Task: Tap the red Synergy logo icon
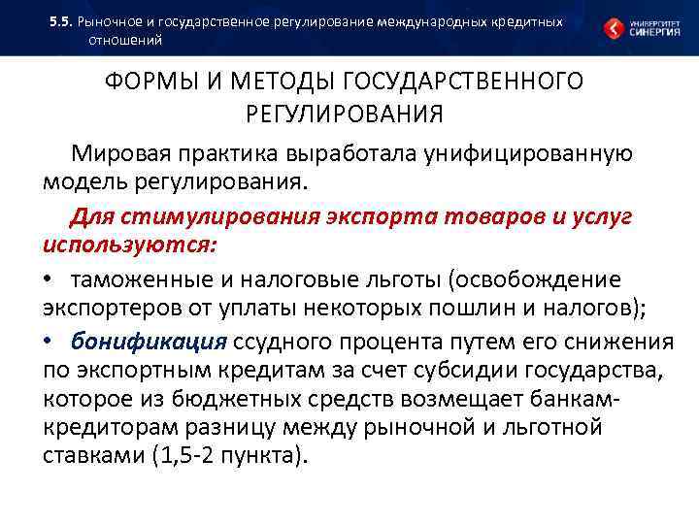[x=615, y=28]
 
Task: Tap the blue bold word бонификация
[x=149, y=343]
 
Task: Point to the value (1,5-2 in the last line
[x=182, y=457]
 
